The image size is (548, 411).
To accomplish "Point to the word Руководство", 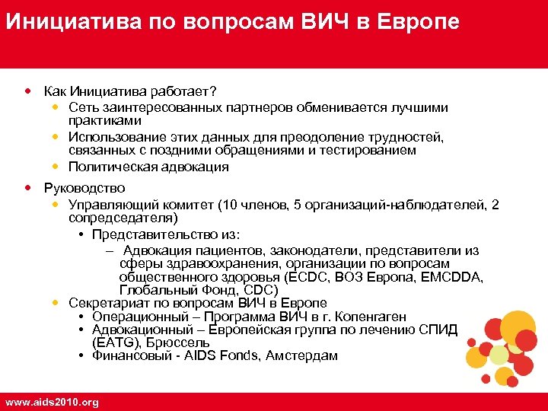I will point(84,187).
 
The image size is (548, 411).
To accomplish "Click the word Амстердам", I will point(301,355).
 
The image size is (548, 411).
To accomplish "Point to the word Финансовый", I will point(136,355).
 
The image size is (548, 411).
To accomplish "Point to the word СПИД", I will point(441,330).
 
